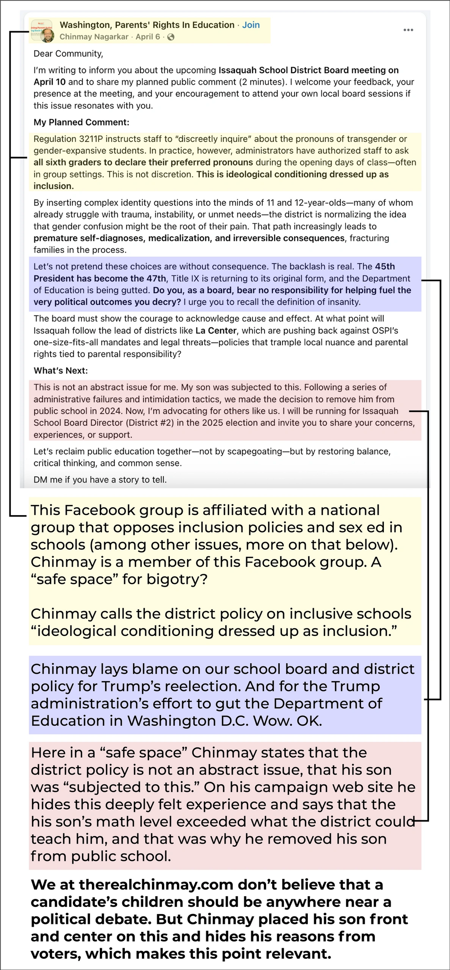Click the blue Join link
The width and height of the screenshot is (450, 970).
coord(251,25)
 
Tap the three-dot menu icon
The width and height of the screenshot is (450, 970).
coord(408,30)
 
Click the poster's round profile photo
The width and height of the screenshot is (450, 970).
coord(47,36)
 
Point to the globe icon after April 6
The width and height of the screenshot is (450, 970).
coord(171,37)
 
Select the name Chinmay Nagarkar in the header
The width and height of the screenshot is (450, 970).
coord(94,37)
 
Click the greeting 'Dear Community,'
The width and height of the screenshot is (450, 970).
coord(68,53)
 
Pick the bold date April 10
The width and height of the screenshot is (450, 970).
coord(49,82)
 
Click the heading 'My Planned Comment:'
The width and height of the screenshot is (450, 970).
coord(81,122)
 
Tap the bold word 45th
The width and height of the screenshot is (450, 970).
coord(384,266)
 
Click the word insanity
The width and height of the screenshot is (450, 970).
coord(345,302)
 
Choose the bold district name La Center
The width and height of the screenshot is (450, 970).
coord(216,331)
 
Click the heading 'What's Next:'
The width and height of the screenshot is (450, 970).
coord(61,371)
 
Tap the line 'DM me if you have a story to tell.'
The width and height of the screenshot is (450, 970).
coord(100,480)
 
